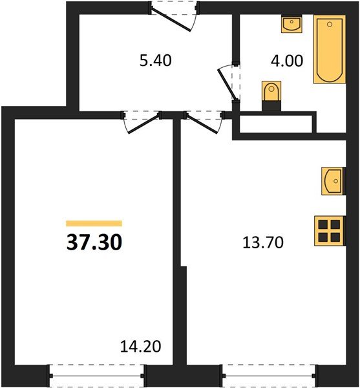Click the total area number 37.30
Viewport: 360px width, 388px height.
point(94,242)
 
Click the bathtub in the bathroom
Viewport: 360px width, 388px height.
point(329,50)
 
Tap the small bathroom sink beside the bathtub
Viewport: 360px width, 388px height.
point(291,25)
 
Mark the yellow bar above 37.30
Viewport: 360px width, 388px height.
point(94,222)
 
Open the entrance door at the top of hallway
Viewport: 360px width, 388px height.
point(175,14)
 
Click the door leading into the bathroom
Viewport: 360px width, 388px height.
point(228,81)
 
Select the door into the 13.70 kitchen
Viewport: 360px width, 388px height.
point(204,122)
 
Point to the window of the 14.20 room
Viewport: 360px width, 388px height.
point(97,373)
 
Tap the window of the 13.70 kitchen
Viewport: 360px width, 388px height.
point(269,373)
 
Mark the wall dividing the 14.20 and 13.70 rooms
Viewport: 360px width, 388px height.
point(176,246)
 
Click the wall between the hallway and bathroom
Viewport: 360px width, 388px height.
point(235,39)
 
